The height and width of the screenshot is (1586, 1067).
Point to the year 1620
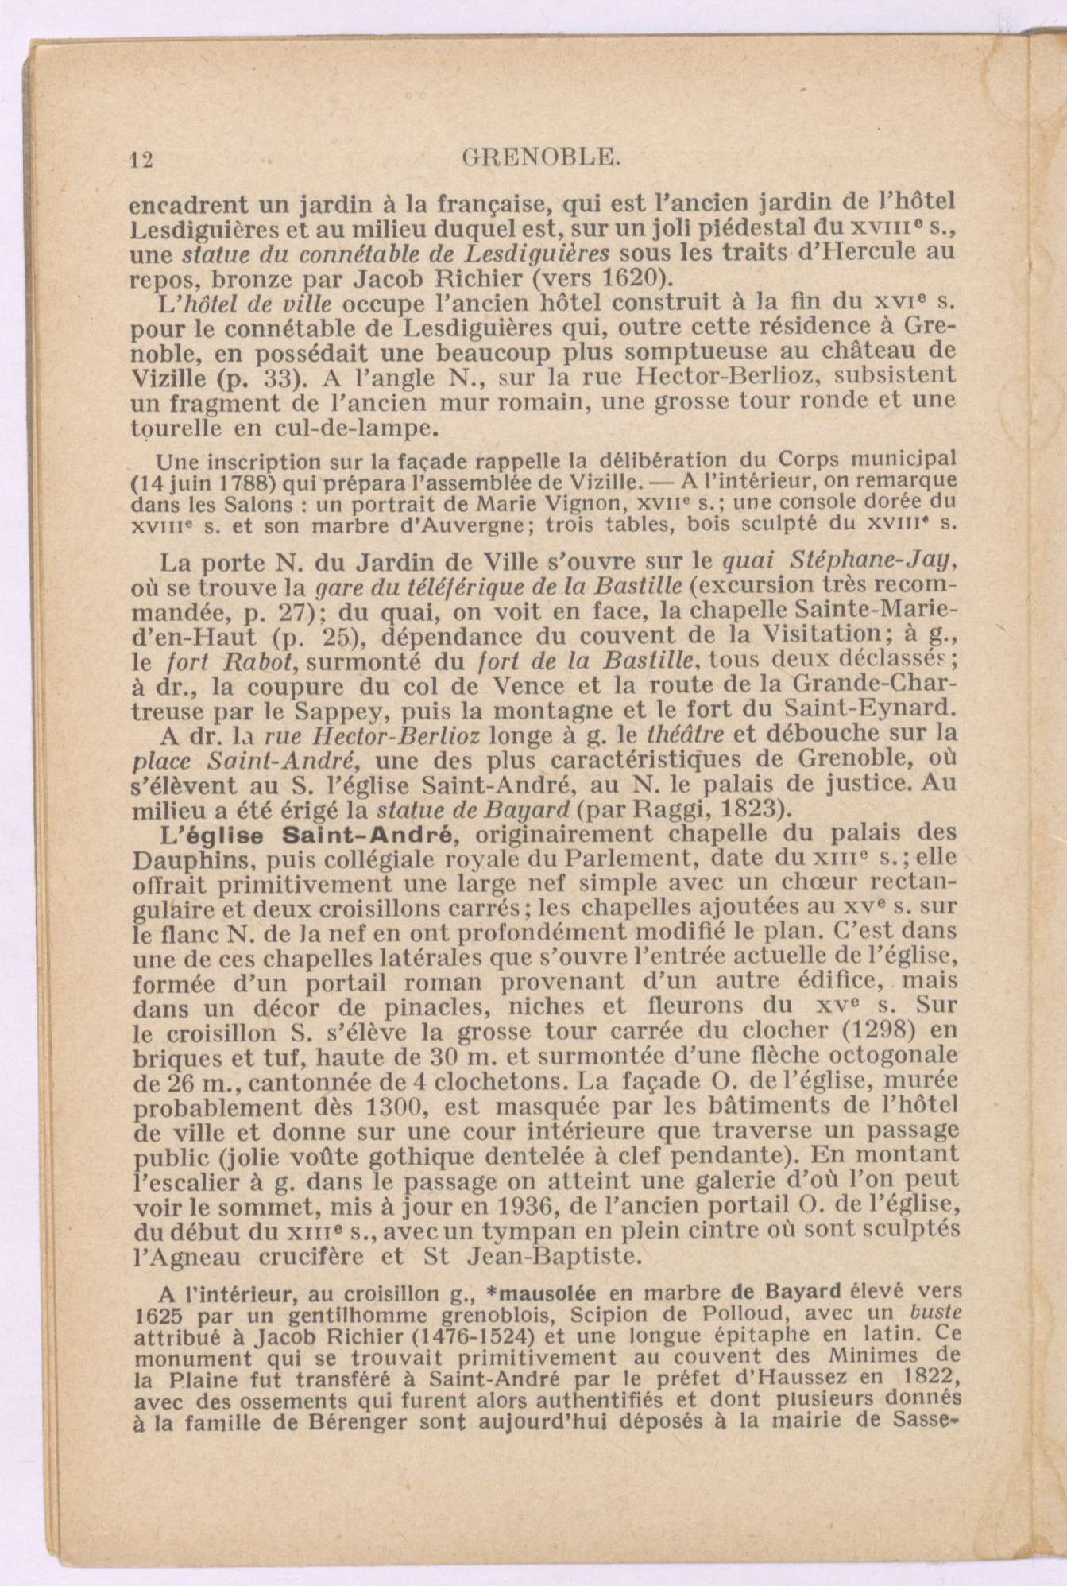[x=631, y=279]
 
